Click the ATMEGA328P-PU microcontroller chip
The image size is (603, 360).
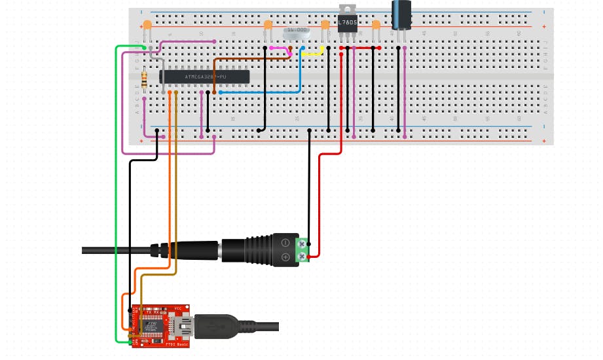[205, 76]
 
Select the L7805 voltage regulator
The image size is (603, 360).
[347, 24]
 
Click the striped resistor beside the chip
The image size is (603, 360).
[145, 80]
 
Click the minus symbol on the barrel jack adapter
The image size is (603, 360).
[285, 243]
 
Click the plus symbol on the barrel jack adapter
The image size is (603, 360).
[285, 257]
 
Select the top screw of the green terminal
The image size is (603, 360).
[302, 244]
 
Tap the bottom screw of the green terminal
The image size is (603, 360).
[302, 256]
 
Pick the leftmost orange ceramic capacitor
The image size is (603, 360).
[147, 26]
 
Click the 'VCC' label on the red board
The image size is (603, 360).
[177, 308]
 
